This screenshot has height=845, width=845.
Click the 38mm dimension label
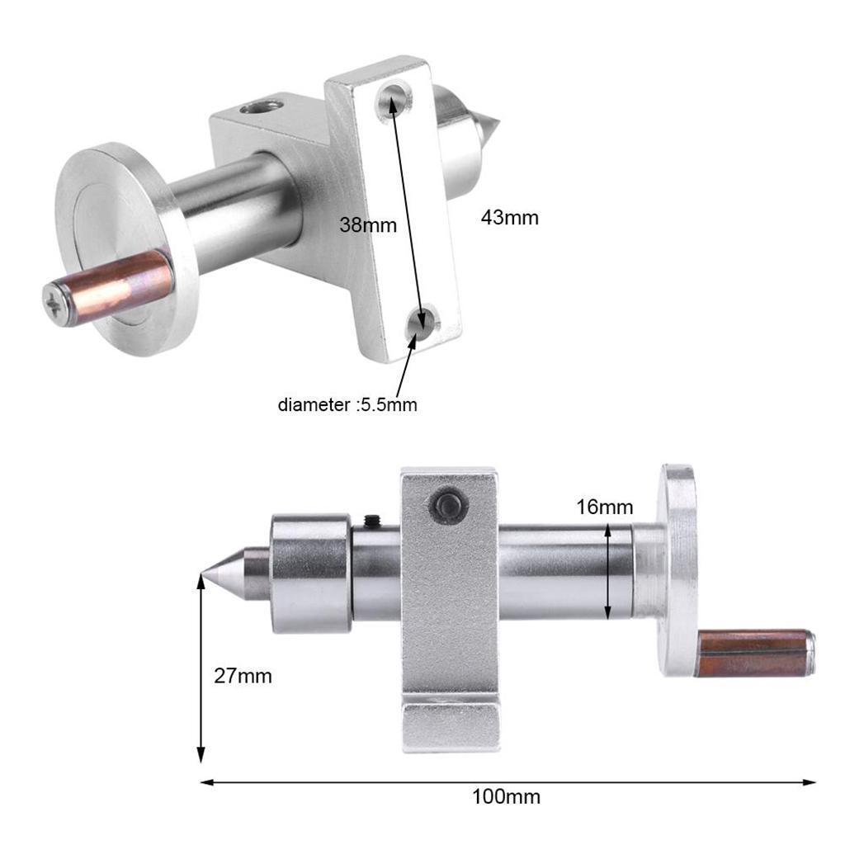pos(368,224)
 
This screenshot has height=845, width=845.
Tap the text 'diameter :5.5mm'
pos(347,404)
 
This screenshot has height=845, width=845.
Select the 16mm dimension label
pos(605,507)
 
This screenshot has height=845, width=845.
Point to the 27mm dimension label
pos(243,676)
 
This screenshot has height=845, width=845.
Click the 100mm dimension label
pos(506,797)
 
